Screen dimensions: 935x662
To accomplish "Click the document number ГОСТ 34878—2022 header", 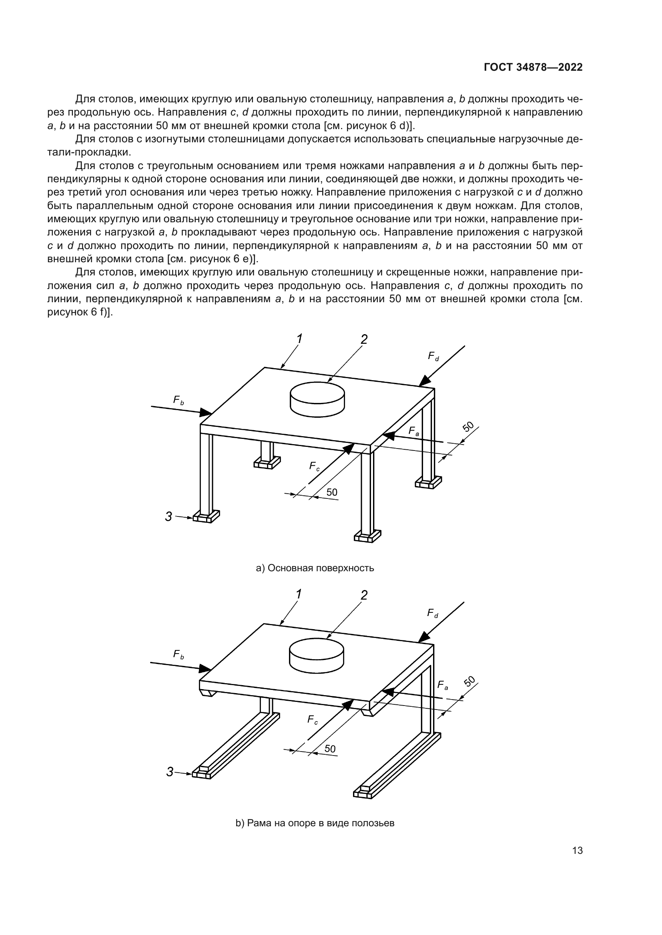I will (x=533, y=68).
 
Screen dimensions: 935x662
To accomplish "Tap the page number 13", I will (x=577, y=851).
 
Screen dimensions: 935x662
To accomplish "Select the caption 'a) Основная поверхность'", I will (x=315, y=568).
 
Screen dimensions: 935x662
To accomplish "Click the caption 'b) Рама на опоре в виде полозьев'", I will (x=315, y=823).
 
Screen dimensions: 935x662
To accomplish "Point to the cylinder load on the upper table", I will (x=317, y=399).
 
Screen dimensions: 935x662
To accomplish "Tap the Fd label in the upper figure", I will (x=433, y=357).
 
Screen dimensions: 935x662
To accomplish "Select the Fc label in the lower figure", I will (x=313, y=720).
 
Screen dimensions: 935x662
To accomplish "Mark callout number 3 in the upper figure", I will (x=169, y=517).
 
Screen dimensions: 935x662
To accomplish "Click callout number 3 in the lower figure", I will (x=170, y=772).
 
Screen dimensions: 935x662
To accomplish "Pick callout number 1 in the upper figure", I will (x=300, y=339).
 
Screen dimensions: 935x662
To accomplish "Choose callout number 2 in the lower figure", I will (x=364, y=595).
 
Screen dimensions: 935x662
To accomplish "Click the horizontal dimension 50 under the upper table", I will (x=332, y=492).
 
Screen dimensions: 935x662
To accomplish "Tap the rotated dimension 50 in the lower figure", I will (x=469, y=681).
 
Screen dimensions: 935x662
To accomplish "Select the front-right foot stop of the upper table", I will (x=367, y=537).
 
